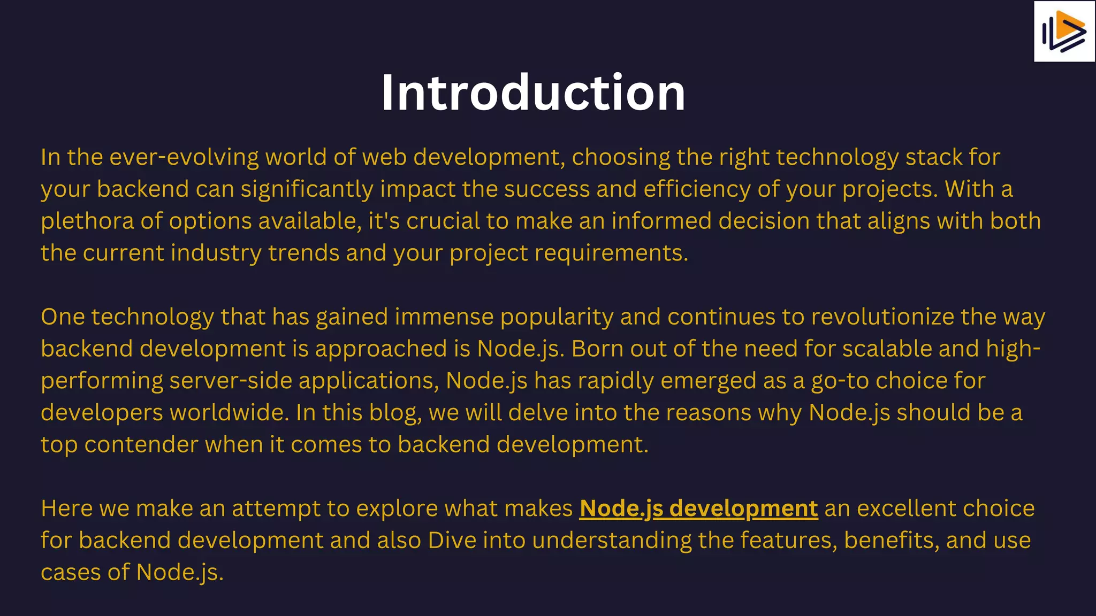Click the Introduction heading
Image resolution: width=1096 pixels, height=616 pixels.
click(533, 93)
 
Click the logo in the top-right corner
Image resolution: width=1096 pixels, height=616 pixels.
click(1064, 32)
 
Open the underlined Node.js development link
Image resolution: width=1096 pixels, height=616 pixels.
click(698, 509)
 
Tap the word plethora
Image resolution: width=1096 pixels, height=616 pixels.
click(87, 221)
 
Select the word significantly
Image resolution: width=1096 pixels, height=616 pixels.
click(307, 189)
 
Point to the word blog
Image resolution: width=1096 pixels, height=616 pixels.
click(394, 413)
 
